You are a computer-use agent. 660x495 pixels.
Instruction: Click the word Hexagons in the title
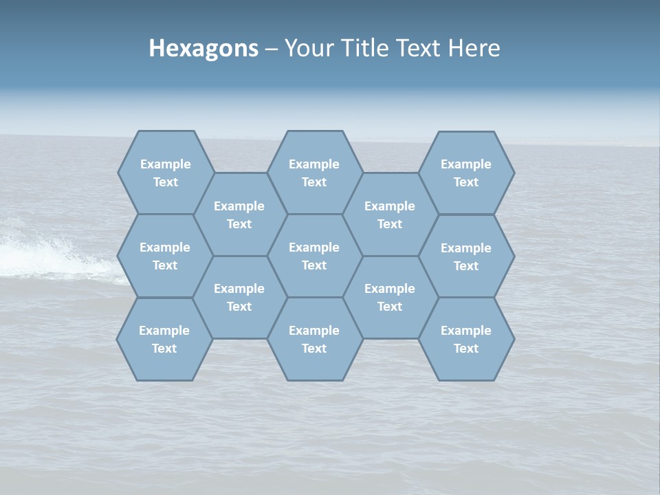(203, 48)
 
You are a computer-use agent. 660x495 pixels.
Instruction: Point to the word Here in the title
(474, 48)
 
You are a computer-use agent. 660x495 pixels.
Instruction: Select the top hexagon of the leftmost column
(165, 173)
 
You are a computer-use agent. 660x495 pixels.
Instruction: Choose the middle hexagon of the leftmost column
(165, 256)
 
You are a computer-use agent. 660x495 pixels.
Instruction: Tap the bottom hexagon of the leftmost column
(164, 339)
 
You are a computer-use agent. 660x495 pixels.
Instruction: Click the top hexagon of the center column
(314, 173)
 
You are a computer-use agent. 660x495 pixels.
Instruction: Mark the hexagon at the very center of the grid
(314, 256)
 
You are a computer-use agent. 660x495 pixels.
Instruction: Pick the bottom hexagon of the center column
(314, 339)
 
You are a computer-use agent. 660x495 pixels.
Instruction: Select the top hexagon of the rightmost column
(466, 173)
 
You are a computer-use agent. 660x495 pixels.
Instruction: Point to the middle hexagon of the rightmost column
(466, 256)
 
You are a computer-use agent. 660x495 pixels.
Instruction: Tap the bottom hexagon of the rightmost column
(466, 339)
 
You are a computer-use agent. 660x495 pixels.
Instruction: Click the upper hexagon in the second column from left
(239, 214)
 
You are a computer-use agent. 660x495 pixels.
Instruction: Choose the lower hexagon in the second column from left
(239, 297)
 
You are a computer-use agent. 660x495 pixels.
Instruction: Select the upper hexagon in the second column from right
(390, 214)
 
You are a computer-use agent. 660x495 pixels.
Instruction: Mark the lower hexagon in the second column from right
(390, 297)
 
